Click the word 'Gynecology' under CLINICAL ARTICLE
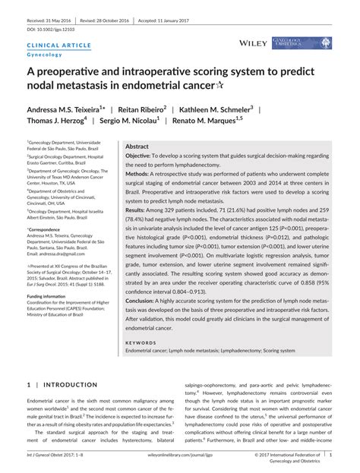coord(45,55)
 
